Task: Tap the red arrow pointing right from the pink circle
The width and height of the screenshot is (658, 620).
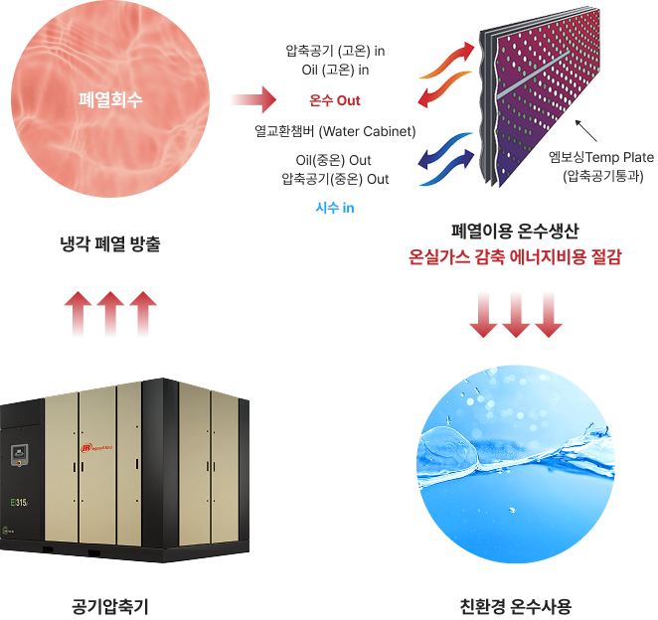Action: [x=250, y=99]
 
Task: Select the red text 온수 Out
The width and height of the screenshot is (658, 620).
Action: [x=335, y=100]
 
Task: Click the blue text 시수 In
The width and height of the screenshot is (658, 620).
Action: [x=334, y=208]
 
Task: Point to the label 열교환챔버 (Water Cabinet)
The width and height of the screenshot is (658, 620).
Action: [x=334, y=130]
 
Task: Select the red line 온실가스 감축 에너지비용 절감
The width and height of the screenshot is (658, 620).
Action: [x=515, y=257]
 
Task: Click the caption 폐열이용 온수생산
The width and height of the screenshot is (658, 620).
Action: [x=515, y=232]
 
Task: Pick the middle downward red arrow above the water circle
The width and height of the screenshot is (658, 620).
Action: [x=515, y=315]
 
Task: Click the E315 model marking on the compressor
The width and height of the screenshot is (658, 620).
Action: [x=19, y=502]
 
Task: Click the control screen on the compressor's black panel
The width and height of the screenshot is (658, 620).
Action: [x=17, y=457]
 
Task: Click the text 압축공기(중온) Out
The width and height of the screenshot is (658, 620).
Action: [x=336, y=179]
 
